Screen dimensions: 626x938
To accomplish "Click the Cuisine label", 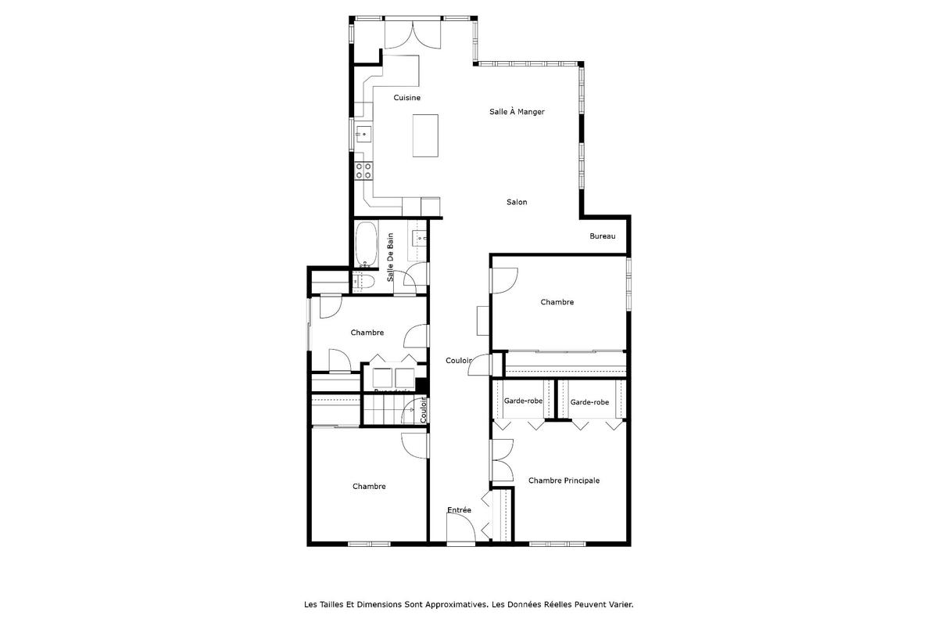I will point(406,98).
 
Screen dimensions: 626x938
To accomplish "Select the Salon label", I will point(517,202).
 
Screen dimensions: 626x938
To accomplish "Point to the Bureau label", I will point(603,236).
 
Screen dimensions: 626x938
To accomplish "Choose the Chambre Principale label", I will point(564,480).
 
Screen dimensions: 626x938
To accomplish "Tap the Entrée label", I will point(459,510).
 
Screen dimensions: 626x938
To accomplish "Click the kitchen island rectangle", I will point(425,136).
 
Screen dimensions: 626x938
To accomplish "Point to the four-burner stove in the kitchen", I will point(363,170).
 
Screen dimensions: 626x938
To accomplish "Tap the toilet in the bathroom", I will point(365,281).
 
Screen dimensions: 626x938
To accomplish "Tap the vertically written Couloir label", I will point(424,409).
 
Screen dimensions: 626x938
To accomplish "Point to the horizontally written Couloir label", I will point(459,361).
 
